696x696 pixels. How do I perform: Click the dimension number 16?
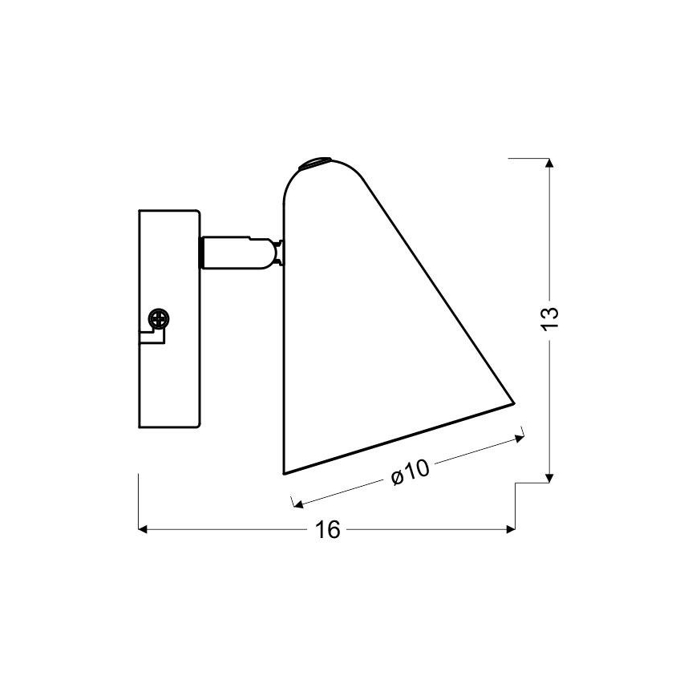(x=329, y=529)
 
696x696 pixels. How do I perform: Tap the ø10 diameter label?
(x=410, y=472)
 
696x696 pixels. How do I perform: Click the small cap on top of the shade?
(x=313, y=164)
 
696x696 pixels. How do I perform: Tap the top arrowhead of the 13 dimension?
(x=549, y=164)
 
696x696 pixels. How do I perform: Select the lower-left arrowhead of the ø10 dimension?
(x=296, y=504)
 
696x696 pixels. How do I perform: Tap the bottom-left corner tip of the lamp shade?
(x=285, y=473)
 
